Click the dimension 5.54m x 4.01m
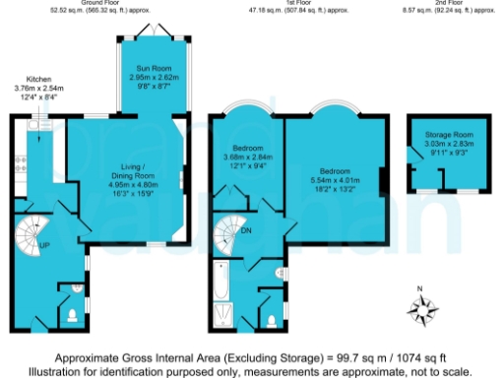tap(332, 177)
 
